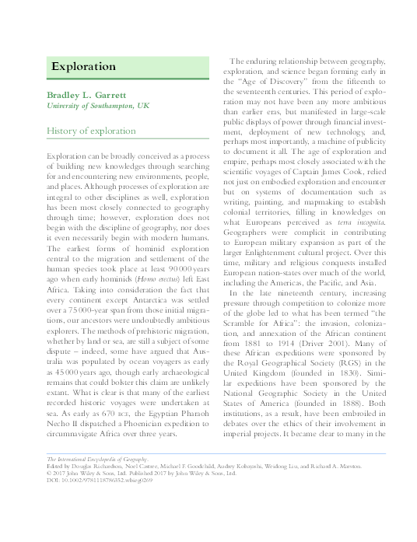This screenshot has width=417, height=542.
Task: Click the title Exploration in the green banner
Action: (x=79, y=67)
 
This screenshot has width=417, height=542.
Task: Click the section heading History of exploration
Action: (x=91, y=131)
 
